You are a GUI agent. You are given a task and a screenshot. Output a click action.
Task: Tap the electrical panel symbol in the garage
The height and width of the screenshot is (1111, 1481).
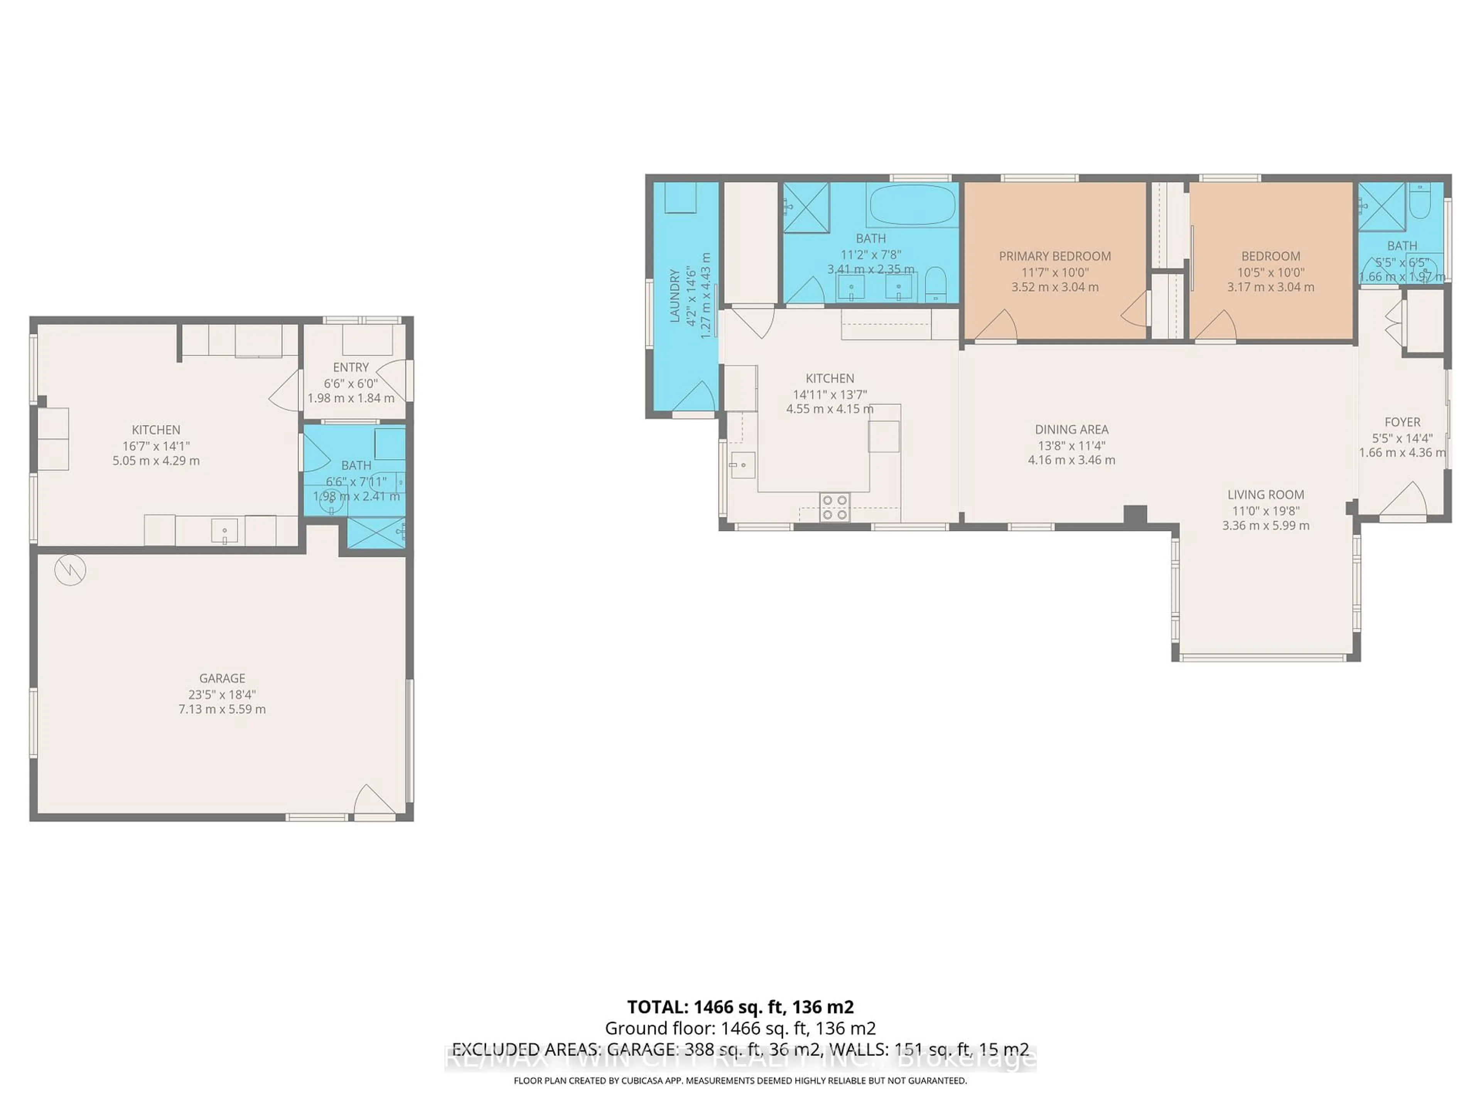pyautogui.click(x=70, y=570)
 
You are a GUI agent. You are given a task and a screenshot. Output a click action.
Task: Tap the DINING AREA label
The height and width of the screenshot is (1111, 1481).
pyautogui.click(x=1071, y=429)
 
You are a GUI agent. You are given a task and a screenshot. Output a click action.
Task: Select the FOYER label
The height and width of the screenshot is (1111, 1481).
pyautogui.click(x=1402, y=422)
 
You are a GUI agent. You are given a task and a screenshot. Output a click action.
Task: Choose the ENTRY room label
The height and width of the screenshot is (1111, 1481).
pyautogui.click(x=351, y=367)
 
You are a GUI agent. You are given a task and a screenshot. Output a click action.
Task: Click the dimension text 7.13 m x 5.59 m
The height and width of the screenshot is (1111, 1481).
pyautogui.click(x=222, y=709)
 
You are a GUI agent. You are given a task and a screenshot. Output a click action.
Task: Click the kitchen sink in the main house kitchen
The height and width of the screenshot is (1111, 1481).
pyautogui.click(x=742, y=465)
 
